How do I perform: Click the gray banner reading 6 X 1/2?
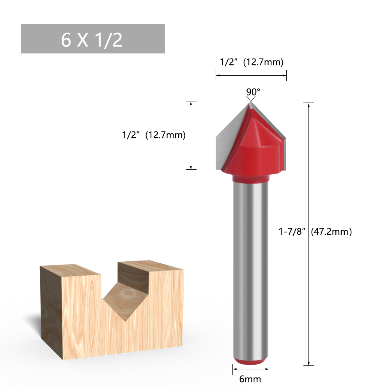[93, 39]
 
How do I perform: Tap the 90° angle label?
[253, 92]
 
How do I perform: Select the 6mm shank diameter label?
[250, 379]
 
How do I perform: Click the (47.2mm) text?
[331, 232]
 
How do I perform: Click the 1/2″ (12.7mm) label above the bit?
[251, 62]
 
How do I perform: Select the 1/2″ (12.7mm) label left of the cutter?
[153, 135]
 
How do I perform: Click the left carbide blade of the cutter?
[228, 140]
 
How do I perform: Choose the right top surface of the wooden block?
[150, 265]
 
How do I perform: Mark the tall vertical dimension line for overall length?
[309, 234]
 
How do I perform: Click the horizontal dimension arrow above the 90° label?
[251, 75]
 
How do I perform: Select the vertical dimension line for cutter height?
[191, 135]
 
